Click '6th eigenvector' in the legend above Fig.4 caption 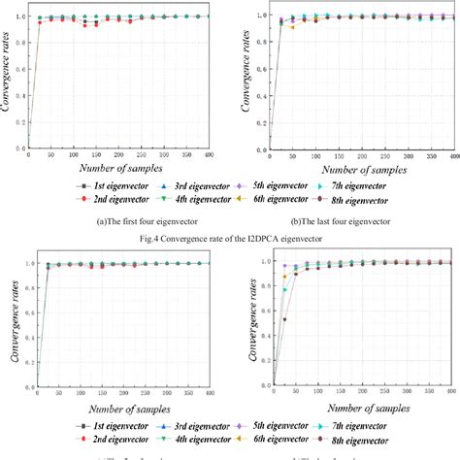click(x=269, y=199)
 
